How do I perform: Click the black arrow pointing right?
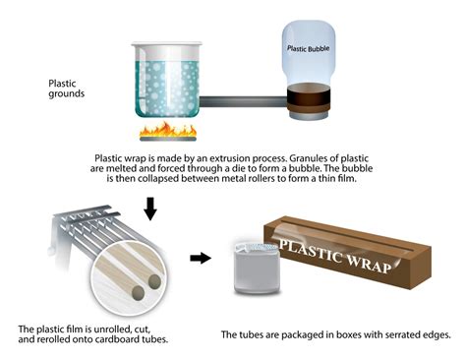pos(201,259)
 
